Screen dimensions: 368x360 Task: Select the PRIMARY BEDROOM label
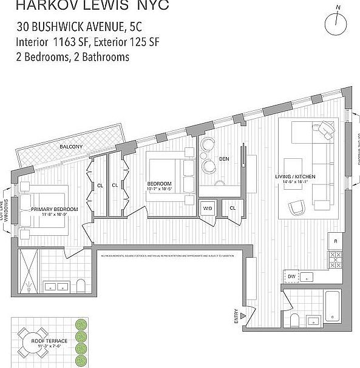55,209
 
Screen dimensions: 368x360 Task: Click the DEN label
224,159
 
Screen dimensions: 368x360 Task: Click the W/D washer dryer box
208,208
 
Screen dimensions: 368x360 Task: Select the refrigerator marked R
336,241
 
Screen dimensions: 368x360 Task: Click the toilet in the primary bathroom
81,286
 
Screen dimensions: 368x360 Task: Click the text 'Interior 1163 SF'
53,42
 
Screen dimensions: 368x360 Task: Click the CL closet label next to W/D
233,208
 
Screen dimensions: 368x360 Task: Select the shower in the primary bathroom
29,270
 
